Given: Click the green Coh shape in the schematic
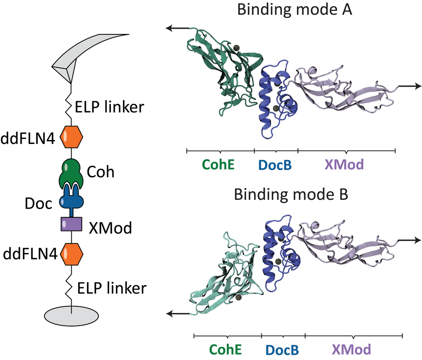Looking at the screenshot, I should tap(72, 174).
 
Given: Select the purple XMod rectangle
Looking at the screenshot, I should tap(71, 224).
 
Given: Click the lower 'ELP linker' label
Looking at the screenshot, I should tap(113, 288).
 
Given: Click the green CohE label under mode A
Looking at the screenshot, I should tap(218, 165).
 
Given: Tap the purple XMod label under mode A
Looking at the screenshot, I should tap(344, 165).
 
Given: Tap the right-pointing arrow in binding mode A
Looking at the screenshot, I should tap(409, 87).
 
